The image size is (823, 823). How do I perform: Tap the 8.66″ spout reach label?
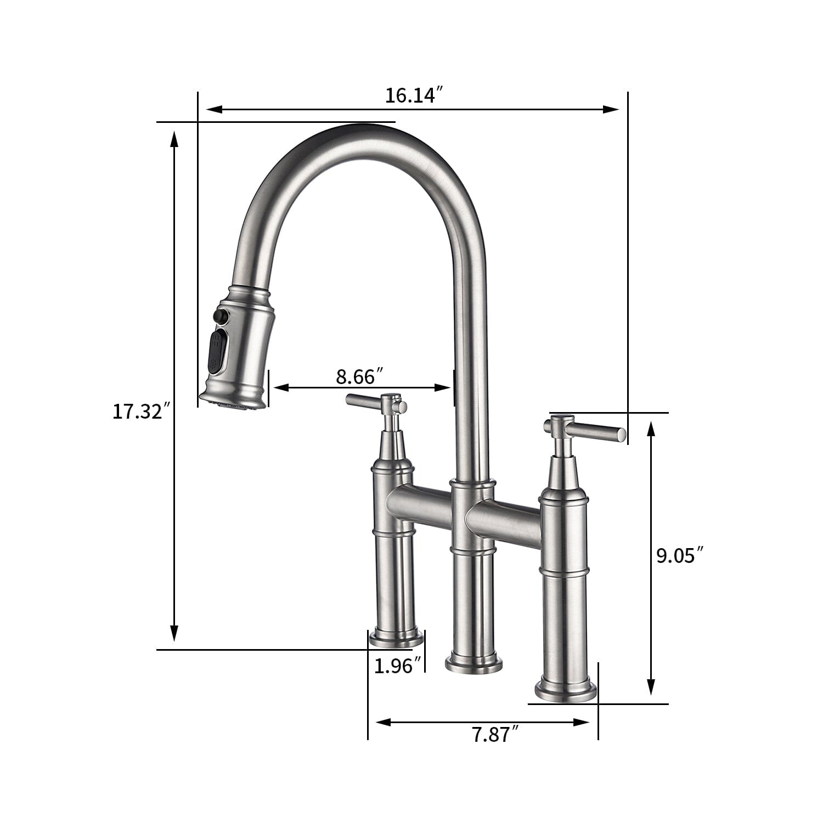[359, 376]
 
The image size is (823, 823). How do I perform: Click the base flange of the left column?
[397, 638]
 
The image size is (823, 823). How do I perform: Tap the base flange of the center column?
[473, 663]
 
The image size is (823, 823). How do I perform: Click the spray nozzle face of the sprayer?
[232, 405]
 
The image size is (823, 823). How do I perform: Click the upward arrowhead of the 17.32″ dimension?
[174, 138]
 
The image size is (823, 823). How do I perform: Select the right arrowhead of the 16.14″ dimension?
[611, 109]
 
